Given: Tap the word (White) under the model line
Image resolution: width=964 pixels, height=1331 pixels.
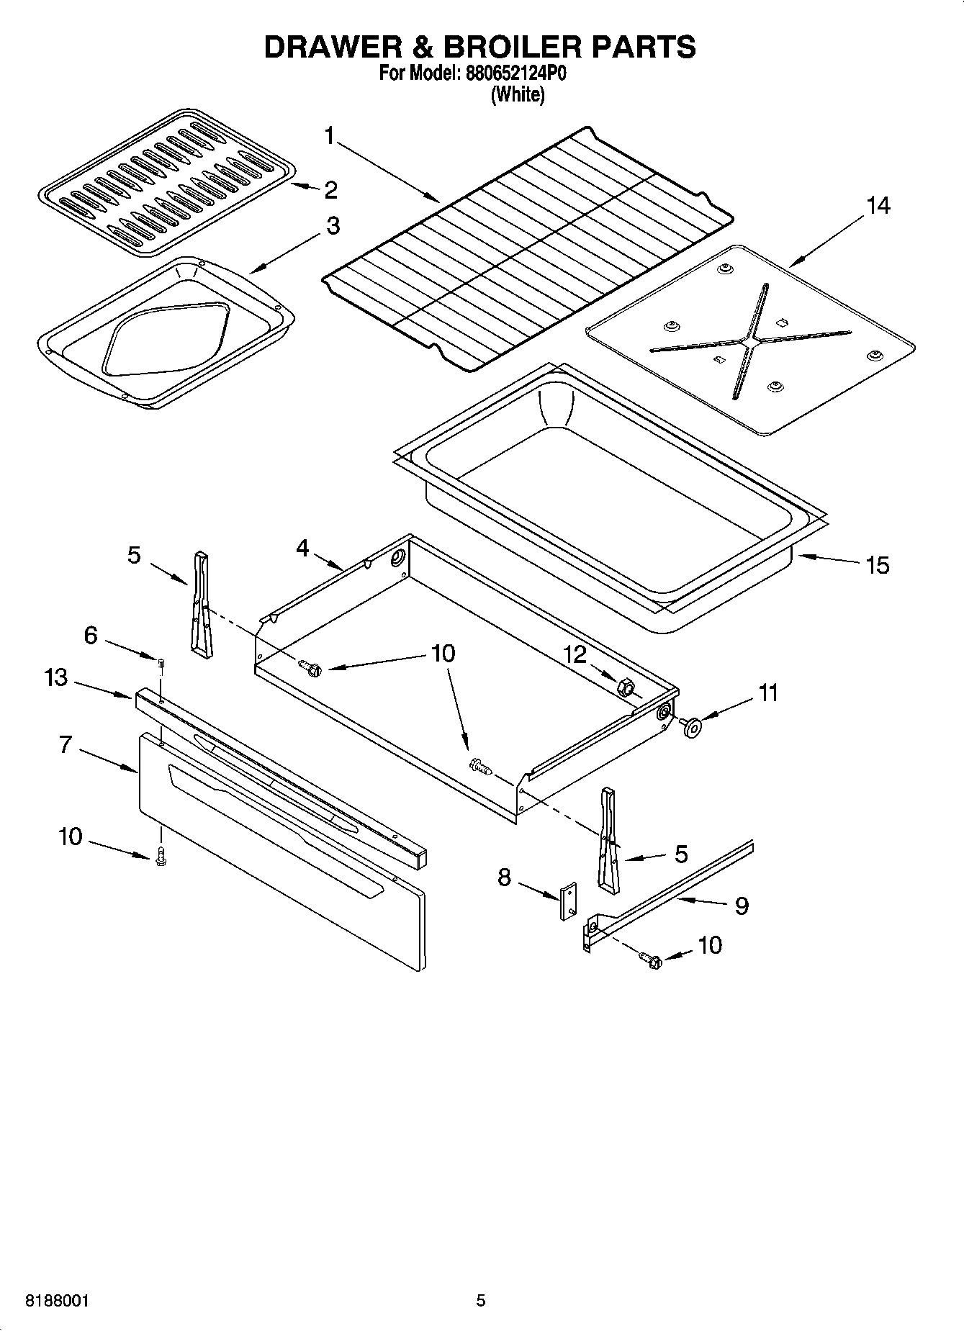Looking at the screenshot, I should tap(517, 94).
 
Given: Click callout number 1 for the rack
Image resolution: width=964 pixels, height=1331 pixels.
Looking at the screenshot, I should tap(329, 135).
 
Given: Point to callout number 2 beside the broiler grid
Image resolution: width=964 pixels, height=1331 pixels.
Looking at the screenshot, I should tap(330, 190).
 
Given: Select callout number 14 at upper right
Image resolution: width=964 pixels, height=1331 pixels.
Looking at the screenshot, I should tap(878, 206).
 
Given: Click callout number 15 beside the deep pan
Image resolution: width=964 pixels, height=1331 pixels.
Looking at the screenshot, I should tap(878, 565).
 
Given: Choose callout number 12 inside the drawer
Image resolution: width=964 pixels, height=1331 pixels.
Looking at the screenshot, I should tap(575, 654).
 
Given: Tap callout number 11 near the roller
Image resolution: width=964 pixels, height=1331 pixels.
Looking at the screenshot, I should tap(768, 693).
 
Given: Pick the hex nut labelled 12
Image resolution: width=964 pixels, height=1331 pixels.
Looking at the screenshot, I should tap(625, 687).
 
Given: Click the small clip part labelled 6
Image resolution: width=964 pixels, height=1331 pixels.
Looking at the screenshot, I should tap(162, 662).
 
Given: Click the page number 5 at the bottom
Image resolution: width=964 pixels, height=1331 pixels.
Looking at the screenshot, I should tap(480, 1301).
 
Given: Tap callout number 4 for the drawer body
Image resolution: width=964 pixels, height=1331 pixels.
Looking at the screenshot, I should tap(302, 549).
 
